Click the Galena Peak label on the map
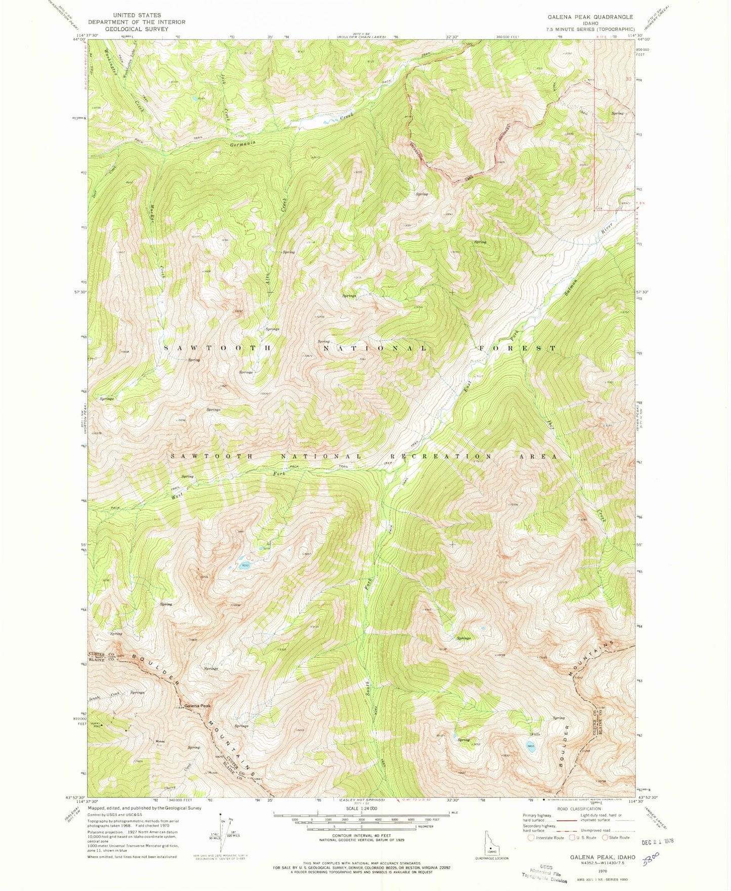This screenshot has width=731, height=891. (197, 706)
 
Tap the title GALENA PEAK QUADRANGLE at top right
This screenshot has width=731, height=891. (590, 17)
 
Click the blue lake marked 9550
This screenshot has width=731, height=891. (244, 566)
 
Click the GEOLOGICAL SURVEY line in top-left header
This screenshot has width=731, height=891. (137, 29)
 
